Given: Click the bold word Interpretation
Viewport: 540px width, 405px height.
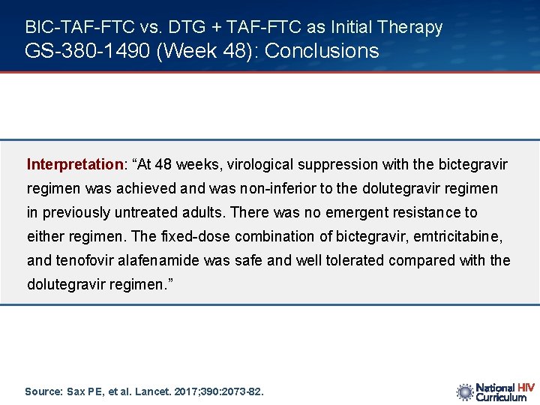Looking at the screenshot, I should coord(75,164).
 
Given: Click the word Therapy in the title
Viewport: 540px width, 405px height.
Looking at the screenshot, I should coord(409,28).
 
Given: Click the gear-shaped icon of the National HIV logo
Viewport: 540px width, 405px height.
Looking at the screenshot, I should coord(465,391).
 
